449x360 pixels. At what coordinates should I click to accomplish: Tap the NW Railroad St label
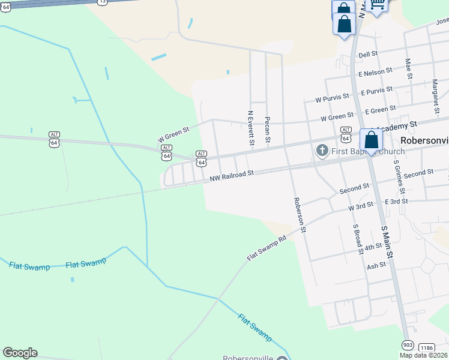click(x=232, y=175)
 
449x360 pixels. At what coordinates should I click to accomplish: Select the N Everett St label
click(x=250, y=127)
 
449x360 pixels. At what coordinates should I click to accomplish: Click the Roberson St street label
click(x=299, y=215)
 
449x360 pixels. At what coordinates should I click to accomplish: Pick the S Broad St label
click(x=358, y=239)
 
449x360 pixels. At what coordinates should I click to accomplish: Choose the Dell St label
click(x=367, y=54)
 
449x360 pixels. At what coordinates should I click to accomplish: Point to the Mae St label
click(x=409, y=68)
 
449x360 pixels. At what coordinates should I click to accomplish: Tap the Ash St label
click(x=376, y=265)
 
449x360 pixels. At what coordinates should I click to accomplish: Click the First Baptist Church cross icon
click(x=321, y=150)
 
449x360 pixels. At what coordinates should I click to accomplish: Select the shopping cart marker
click(x=377, y=5)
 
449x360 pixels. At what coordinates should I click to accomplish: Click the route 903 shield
click(x=408, y=346)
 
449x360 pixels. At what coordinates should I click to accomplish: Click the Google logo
click(x=20, y=353)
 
